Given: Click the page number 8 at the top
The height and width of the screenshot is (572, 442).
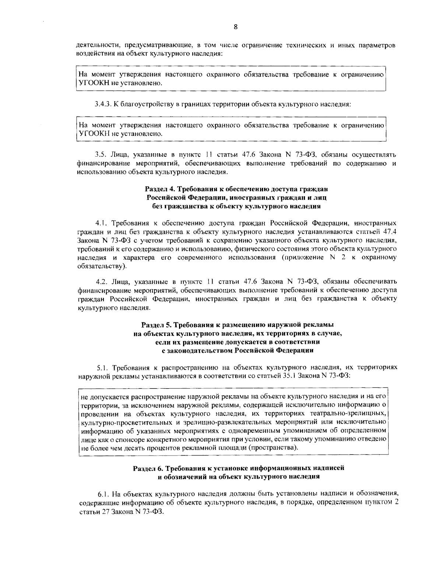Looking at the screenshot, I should (x=236, y=26).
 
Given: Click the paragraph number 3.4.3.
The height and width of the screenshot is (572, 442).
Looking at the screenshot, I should (x=102, y=104).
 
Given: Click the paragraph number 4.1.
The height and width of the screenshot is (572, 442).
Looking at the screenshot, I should (x=101, y=223).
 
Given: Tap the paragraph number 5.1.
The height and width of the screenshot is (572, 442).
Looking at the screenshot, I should (x=102, y=368).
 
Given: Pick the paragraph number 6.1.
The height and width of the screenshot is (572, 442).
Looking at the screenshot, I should (x=103, y=493).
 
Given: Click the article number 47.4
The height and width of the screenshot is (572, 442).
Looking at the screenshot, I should (x=389, y=232).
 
